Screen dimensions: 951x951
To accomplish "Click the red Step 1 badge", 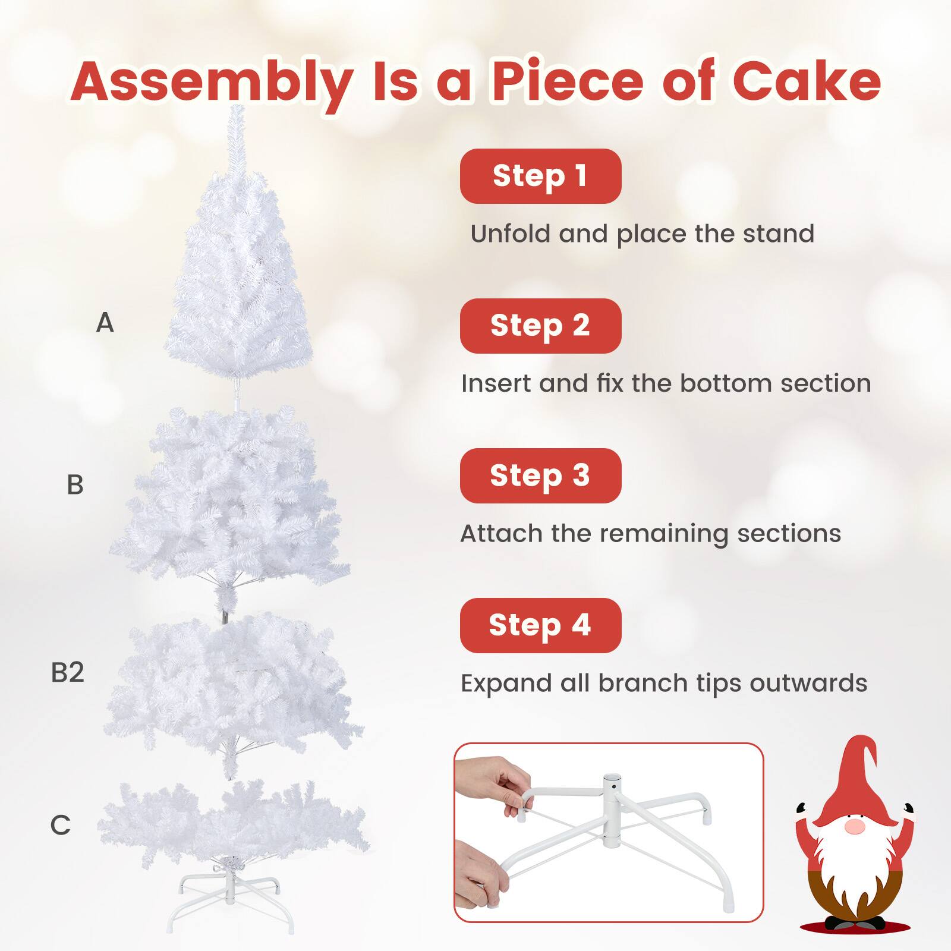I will (x=540, y=176).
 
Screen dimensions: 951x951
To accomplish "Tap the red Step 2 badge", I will (x=540, y=326).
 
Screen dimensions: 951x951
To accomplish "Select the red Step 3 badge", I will (x=540, y=475).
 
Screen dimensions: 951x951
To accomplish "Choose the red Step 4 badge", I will (x=540, y=625).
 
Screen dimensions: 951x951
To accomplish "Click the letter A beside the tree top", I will (x=105, y=323).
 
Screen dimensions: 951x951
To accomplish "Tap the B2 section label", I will (x=67, y=672).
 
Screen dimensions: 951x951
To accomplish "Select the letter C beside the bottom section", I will (x=60, y=825).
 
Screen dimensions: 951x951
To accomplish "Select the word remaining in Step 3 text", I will (x=664, y=533).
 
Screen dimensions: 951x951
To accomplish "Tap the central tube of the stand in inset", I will (x=612, y=810).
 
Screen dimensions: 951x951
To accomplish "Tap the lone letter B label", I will (x=75, y=485).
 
